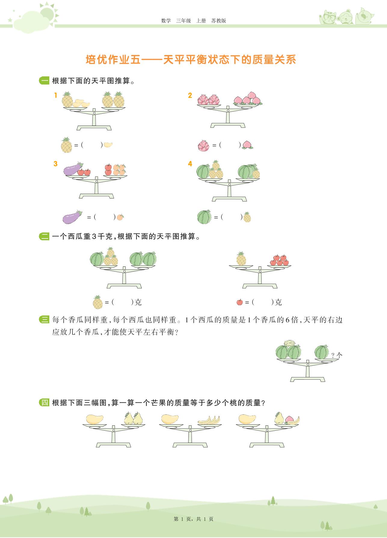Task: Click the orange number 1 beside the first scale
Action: pyautogui.click(x=56, y=95)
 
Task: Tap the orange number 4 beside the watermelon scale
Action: pyautogui.click(x=190, y=164)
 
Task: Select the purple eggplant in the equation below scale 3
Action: pyautogui.click(x=72, y=217)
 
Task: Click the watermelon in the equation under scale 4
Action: pyautogui.click(x=204, y=217)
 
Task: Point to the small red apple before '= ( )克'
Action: pyautogui.click(x=240, y=302)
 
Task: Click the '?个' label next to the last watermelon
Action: pyautogui.click(x=337, y=355)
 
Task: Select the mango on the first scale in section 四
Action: pyautogui.click(x=94, y=419)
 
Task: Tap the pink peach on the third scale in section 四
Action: pyautogui.click(x=289, y=419)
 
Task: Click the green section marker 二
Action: pyautogui.click(x=44, y=237)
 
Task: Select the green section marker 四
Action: pyautogui.click(x=44, y=402)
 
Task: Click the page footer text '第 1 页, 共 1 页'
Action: pyautogui.click(x=194, y=519)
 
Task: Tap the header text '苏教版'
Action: pyautogui.click(x=219, y=21)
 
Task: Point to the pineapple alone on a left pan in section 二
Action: pyautogui.click(x=241, y=259)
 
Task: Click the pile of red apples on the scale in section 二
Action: pyautogui.click(x=279, y=260)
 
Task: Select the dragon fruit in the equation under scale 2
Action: pyautogui.click(x=204, y=146)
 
